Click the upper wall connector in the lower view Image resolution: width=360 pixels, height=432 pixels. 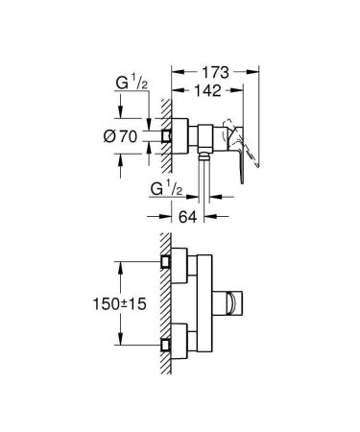coord(168,261)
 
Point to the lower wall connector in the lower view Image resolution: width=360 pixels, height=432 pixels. coord(168,341)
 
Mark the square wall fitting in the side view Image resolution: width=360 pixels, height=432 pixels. coord(169,136)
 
